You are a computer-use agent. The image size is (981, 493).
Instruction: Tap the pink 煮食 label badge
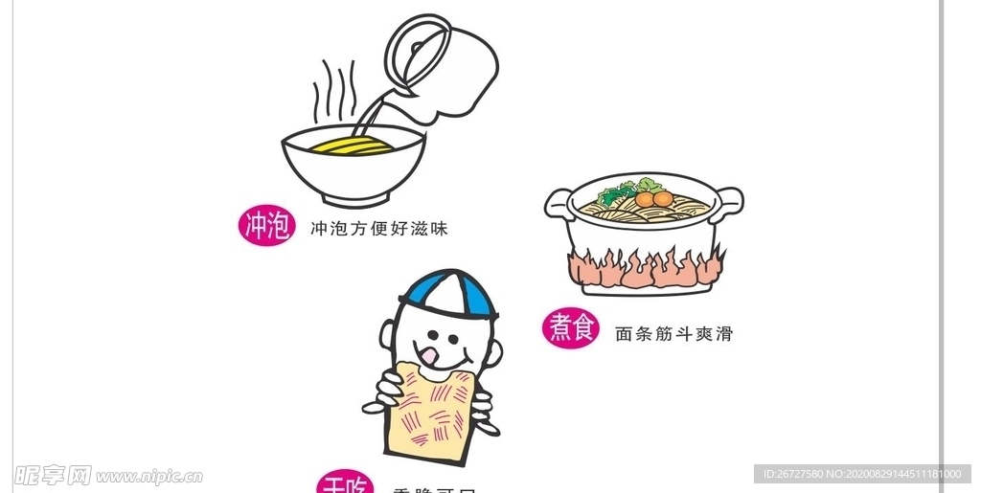(571, 329)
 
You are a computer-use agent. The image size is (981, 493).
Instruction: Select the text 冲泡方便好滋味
(379, 229)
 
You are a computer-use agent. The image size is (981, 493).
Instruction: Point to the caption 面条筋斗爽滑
(673, 334)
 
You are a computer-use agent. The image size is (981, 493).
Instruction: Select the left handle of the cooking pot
(558, 203)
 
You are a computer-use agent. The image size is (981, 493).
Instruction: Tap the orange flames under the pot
(644, 269)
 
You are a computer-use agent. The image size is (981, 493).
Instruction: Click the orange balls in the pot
(652, 199)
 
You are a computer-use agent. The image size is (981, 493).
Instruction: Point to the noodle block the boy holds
(431, 412)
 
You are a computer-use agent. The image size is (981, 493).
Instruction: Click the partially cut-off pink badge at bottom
(344, 483)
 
